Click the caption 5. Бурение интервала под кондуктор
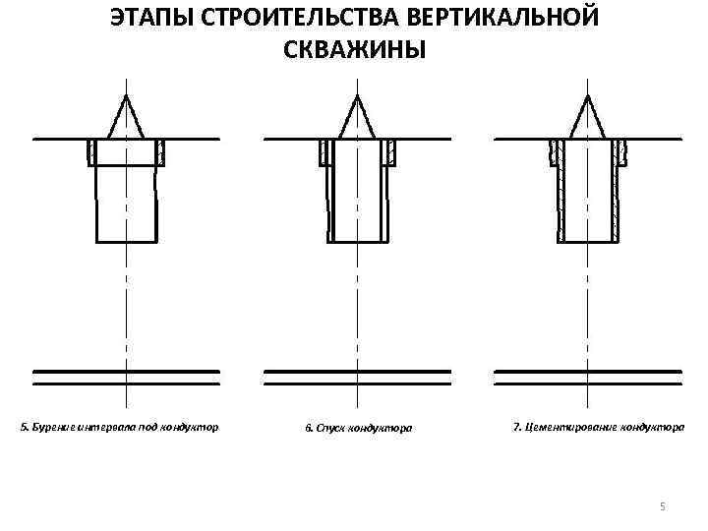tap(120, 428)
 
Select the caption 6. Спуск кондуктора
tap(358, 428)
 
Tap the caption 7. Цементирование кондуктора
tap(599, 428)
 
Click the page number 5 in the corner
tap(662, 505)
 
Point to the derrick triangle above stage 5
tap(126, 117)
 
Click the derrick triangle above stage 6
tap(357, 117)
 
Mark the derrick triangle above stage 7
tap(588, 117)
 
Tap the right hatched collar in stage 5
tap(160, 151)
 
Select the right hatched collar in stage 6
tap(391, 151)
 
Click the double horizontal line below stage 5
tap(126, 376)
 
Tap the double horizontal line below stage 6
tap(357, 376)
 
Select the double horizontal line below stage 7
tap(588, 376)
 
